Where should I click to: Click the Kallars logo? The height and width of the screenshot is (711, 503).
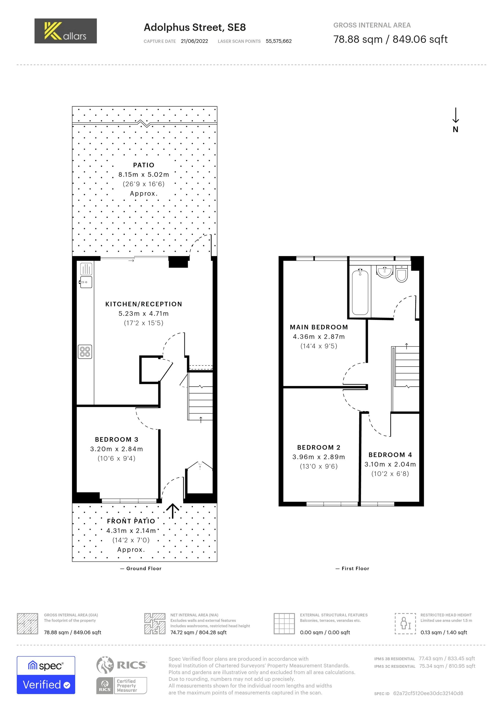pyautogui.click(x=66, y=31)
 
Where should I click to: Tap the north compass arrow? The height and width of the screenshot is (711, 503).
pyautogui.click(x=456, y=115)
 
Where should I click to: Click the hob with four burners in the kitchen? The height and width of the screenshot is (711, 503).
pyautogui.click(x=85, y=352)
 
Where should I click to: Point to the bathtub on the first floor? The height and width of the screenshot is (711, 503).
pyautogui.click(x=360, y=292)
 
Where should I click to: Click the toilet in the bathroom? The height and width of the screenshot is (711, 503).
pyautogui.click(x=402, y=274)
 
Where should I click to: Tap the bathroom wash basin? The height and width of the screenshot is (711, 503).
pyautogui.click(x=385, y=272)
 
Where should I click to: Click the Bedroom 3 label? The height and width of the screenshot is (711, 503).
pyautogui.click(x=117, y=439)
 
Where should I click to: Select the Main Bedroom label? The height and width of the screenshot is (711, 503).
pyautogui.click(x=319, y=327)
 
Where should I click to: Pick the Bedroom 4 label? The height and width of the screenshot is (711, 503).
pyautogui.click(x=390, y=455)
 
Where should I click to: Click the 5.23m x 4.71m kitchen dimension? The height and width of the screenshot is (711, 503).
pyautogui.click(x=144, y=313)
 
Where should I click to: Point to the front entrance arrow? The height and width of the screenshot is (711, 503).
pyautogui.click(x=173, y=511)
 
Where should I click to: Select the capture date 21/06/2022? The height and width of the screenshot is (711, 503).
pyautogui.click(x=194, y=41)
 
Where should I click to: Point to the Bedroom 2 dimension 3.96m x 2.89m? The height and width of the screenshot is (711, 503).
pyautogui.click(x=319, y=457)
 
